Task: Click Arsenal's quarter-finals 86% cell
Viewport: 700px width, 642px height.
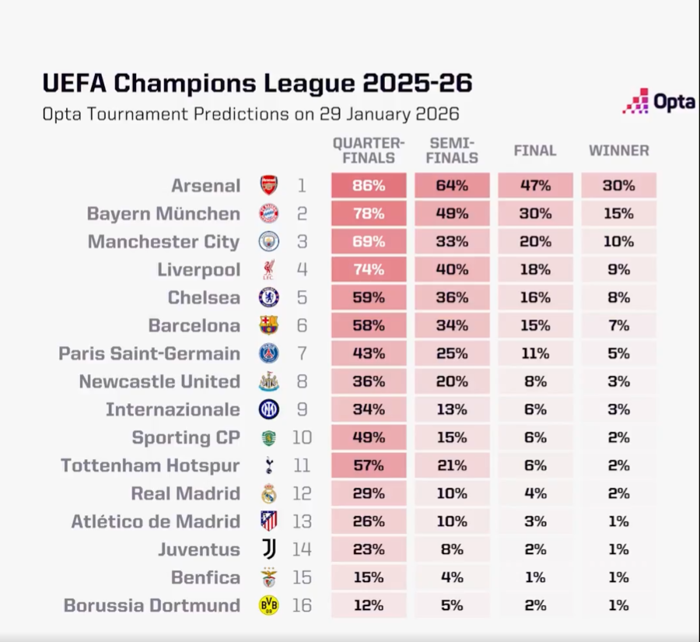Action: [369, 186]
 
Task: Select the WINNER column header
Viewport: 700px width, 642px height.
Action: [618, 151]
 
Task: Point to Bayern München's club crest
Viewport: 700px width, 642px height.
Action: [269, 214]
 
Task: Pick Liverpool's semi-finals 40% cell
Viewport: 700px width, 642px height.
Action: [452, 270]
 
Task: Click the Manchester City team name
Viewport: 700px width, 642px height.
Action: [163, 242]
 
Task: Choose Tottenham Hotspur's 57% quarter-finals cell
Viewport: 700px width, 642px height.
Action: [369, 466]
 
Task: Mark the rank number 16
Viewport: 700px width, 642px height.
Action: [302, 606]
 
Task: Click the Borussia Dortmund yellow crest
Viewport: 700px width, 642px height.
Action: [269, 606]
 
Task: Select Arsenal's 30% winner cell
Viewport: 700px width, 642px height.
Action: [618, 186]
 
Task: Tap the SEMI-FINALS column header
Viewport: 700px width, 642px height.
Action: [452, 150]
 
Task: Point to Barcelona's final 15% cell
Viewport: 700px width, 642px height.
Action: [535, 326]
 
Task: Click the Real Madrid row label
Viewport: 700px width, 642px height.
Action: [185, 494]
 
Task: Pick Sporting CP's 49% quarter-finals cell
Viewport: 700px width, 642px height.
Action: [369, 438]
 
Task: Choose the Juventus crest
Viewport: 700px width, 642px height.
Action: [269, 550]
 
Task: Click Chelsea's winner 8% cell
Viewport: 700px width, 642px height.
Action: [618, 298]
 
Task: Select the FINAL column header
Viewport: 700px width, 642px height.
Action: [535, 151]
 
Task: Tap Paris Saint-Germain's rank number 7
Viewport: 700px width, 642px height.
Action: [302, 354]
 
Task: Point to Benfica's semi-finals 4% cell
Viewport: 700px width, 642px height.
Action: [452, 578]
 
